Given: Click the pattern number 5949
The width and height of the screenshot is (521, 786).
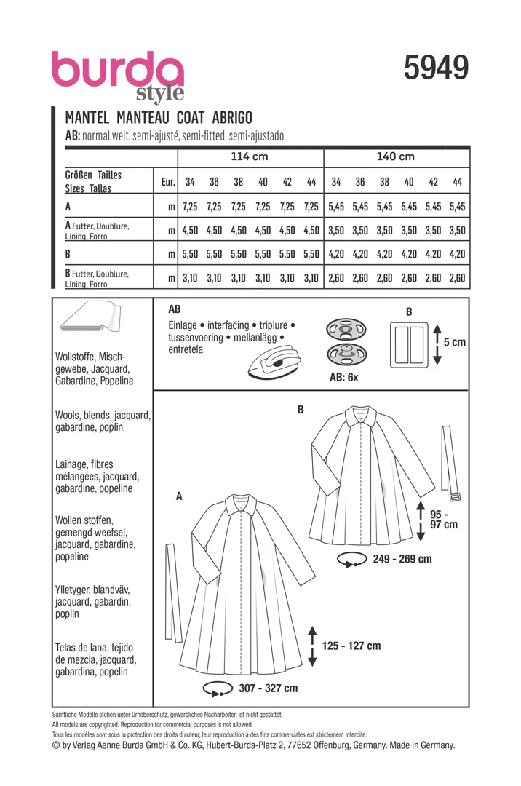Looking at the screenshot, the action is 436,68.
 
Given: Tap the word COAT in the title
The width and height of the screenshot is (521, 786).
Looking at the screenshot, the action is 191,118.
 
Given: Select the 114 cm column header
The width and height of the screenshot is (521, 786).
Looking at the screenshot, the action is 250,156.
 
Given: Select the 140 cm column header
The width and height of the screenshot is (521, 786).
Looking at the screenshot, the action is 396,156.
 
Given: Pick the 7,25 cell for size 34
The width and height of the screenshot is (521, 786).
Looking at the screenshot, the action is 190,207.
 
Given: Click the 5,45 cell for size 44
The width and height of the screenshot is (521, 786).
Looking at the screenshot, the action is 458,207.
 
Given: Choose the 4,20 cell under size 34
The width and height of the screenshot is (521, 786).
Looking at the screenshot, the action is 336,254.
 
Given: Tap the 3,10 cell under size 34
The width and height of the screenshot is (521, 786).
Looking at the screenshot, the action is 190,278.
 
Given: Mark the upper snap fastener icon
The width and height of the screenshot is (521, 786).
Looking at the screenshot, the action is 346,330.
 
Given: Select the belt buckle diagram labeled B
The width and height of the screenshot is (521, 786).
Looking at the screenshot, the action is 409,345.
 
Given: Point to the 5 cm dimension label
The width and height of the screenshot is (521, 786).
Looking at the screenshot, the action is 454,342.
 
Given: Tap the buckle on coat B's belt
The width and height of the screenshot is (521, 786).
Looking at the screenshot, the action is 454,497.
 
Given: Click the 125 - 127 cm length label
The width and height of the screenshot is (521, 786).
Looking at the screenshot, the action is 351,646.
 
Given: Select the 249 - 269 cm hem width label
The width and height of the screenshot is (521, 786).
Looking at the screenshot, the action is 402,559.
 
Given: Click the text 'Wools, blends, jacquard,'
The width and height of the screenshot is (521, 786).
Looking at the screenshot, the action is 103,416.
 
